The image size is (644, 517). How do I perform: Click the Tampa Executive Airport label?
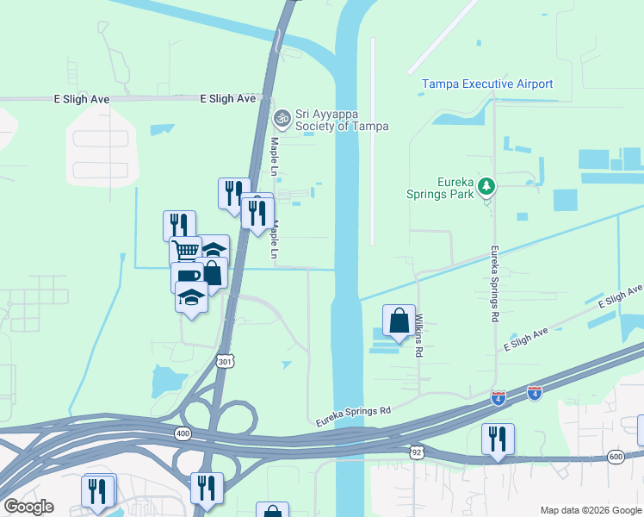pos(487,84)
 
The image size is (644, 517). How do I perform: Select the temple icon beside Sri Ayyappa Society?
pos(282,117)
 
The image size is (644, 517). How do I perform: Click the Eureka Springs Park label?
pos(441,189)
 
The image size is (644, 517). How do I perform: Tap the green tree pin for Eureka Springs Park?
pos(486,186)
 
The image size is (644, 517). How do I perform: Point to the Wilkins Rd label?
pos(419,335)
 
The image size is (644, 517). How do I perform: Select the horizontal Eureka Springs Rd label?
pos(354,416)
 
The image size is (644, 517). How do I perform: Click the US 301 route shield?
pos(225,360)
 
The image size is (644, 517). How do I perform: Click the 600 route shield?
pos(615,456)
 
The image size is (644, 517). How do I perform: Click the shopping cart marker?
pos(185,251)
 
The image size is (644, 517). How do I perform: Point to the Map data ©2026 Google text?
pos(590,509)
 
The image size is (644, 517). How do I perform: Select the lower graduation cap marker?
pos(192,298)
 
